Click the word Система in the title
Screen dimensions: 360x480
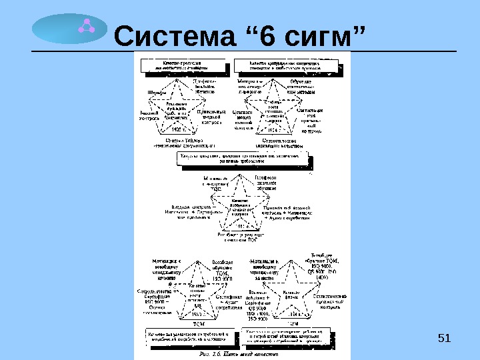175,37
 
